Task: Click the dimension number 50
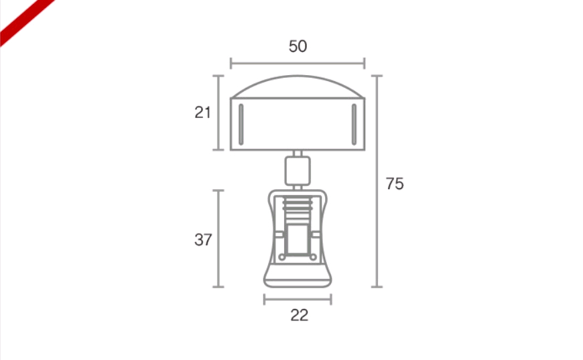298,46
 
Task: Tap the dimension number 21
202,113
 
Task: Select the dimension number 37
203,240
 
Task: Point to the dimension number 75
395,184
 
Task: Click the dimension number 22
300,315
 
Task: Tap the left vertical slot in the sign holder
241,124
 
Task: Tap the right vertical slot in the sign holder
354,124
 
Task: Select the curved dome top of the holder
298,76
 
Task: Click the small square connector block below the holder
298,171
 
